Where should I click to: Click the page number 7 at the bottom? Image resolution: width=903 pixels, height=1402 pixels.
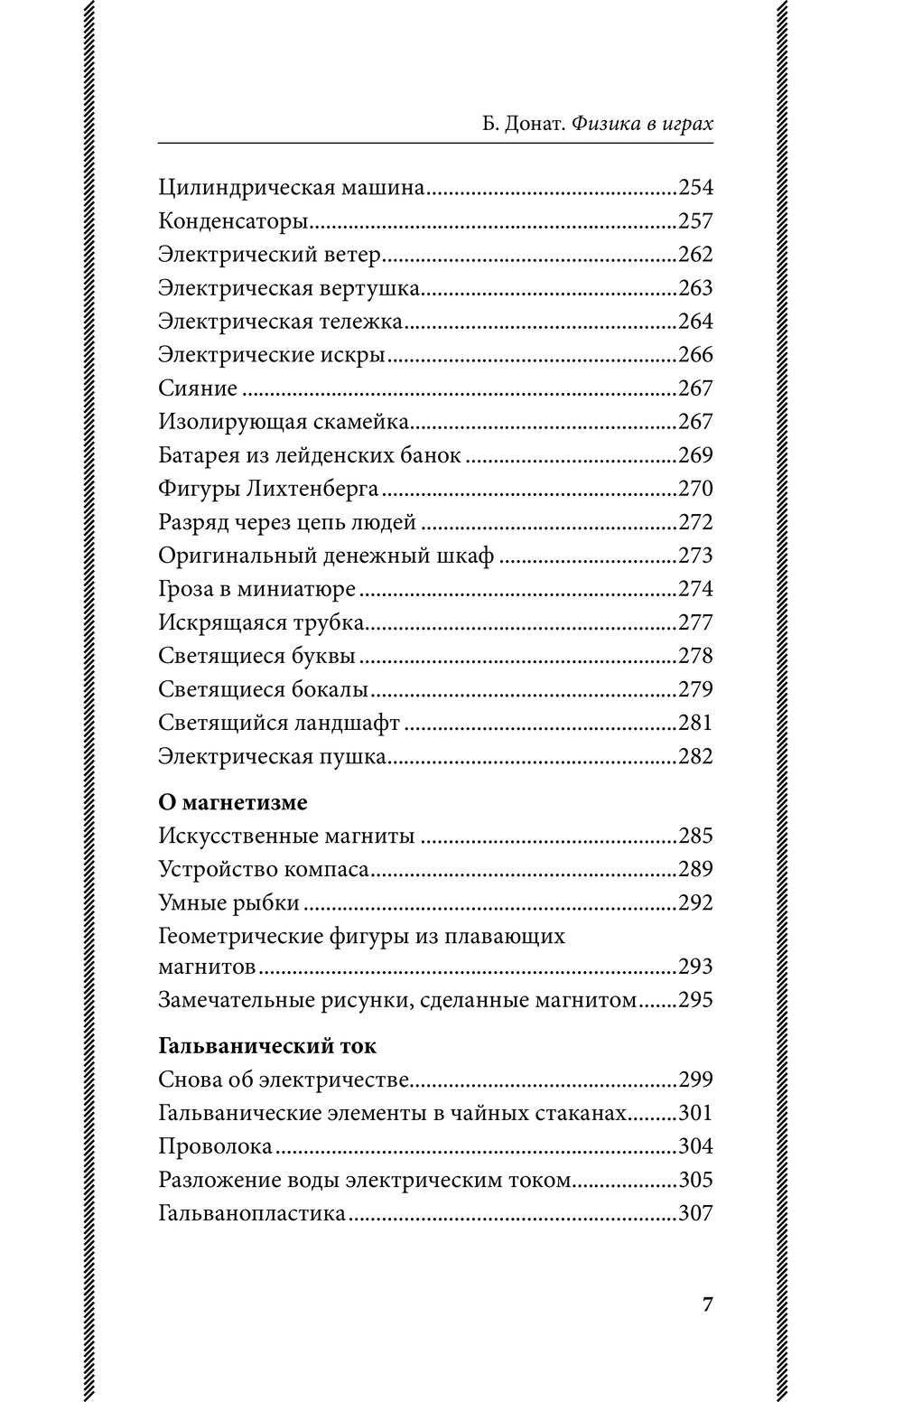[707, 1304]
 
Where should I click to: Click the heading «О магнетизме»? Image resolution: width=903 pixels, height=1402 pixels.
[233, 802]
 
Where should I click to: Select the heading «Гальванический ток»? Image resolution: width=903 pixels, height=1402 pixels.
[267, 1046]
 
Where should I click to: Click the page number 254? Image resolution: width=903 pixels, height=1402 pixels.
[695, 188]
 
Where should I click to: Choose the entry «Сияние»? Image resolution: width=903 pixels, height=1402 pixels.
[198, 388]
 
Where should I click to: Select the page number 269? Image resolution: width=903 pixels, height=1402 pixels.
[695, 455]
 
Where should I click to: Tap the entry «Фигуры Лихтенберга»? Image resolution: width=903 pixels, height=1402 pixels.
[268, 489]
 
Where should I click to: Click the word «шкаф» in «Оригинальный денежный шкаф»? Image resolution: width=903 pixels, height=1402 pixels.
[469, 556]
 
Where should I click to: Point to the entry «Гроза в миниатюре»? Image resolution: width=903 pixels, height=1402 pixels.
[256, 589]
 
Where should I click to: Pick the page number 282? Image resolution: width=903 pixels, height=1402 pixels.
[695, 756]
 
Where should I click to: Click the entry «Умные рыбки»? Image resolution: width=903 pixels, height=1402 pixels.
[228, 902]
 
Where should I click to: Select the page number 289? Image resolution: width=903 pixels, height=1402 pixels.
[695, 869]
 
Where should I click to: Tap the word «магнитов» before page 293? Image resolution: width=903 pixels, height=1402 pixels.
[207, 967]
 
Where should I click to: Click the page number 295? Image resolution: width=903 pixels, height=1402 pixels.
[695, 1000]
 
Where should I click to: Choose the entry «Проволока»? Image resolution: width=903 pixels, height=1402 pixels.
[215, 1146]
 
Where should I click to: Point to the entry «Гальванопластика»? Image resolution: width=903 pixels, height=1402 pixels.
[252, 1213]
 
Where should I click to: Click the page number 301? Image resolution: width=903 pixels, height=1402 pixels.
[695, 1113]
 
